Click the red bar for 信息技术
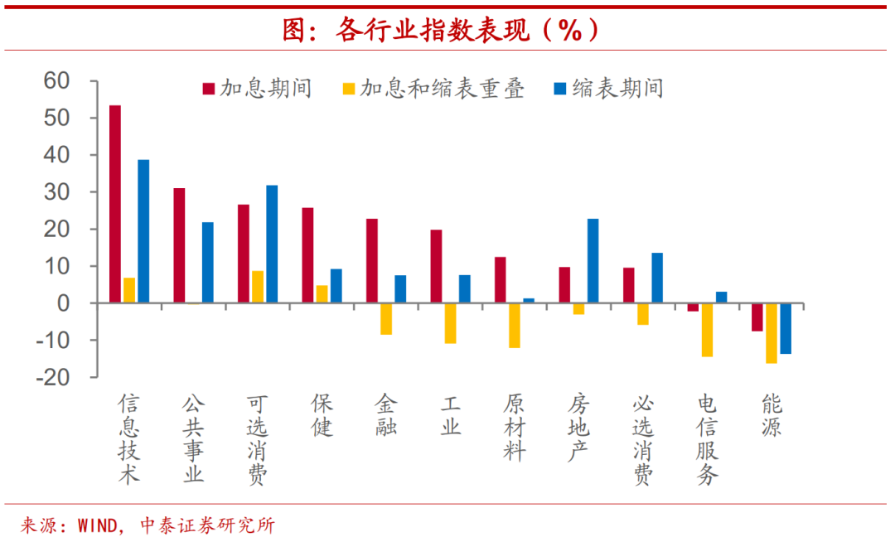click(x=115, y=204)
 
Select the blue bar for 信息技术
click(x=143, y=231)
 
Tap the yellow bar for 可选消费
click(x=258, y=287)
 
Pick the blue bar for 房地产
click(x=593, y=261)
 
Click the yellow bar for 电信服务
click(x=707, y=330)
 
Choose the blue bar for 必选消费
click(x=657, y=278)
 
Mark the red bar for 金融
click(x=372, y=261)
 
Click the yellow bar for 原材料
click(x=515, y=326)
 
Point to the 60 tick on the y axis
click(x=60, y=81)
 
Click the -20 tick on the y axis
click(x=56, y=377)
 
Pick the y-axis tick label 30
click(x=60, y=192)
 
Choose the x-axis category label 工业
click(x=450, y=415)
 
